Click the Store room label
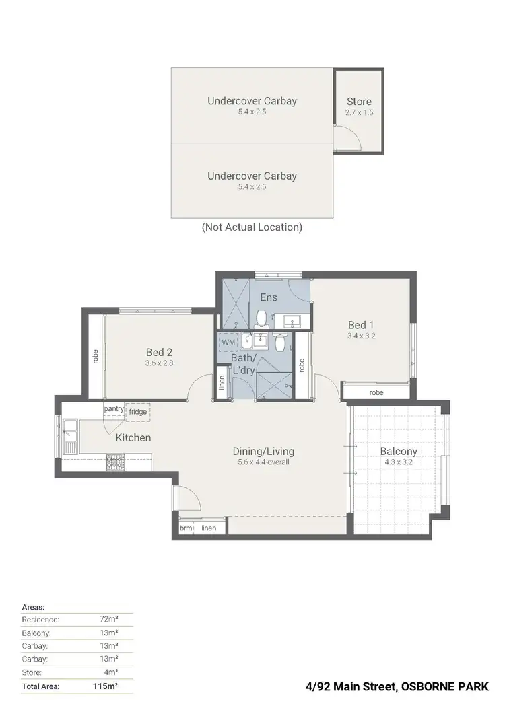tap(359, 102)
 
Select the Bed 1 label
tap(360, 323)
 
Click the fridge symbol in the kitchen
tap(137, 412)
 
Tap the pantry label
tap(114, 408)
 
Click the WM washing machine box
tap(228, 342)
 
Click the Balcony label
tap(399, 452)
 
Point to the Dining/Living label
tap(263, 452)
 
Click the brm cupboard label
tap(186, 528)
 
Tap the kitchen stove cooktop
tap(116, 462)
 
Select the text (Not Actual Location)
tap(252, 227)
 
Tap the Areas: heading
tap(34, 606)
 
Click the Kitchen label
tap(133, 438)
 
